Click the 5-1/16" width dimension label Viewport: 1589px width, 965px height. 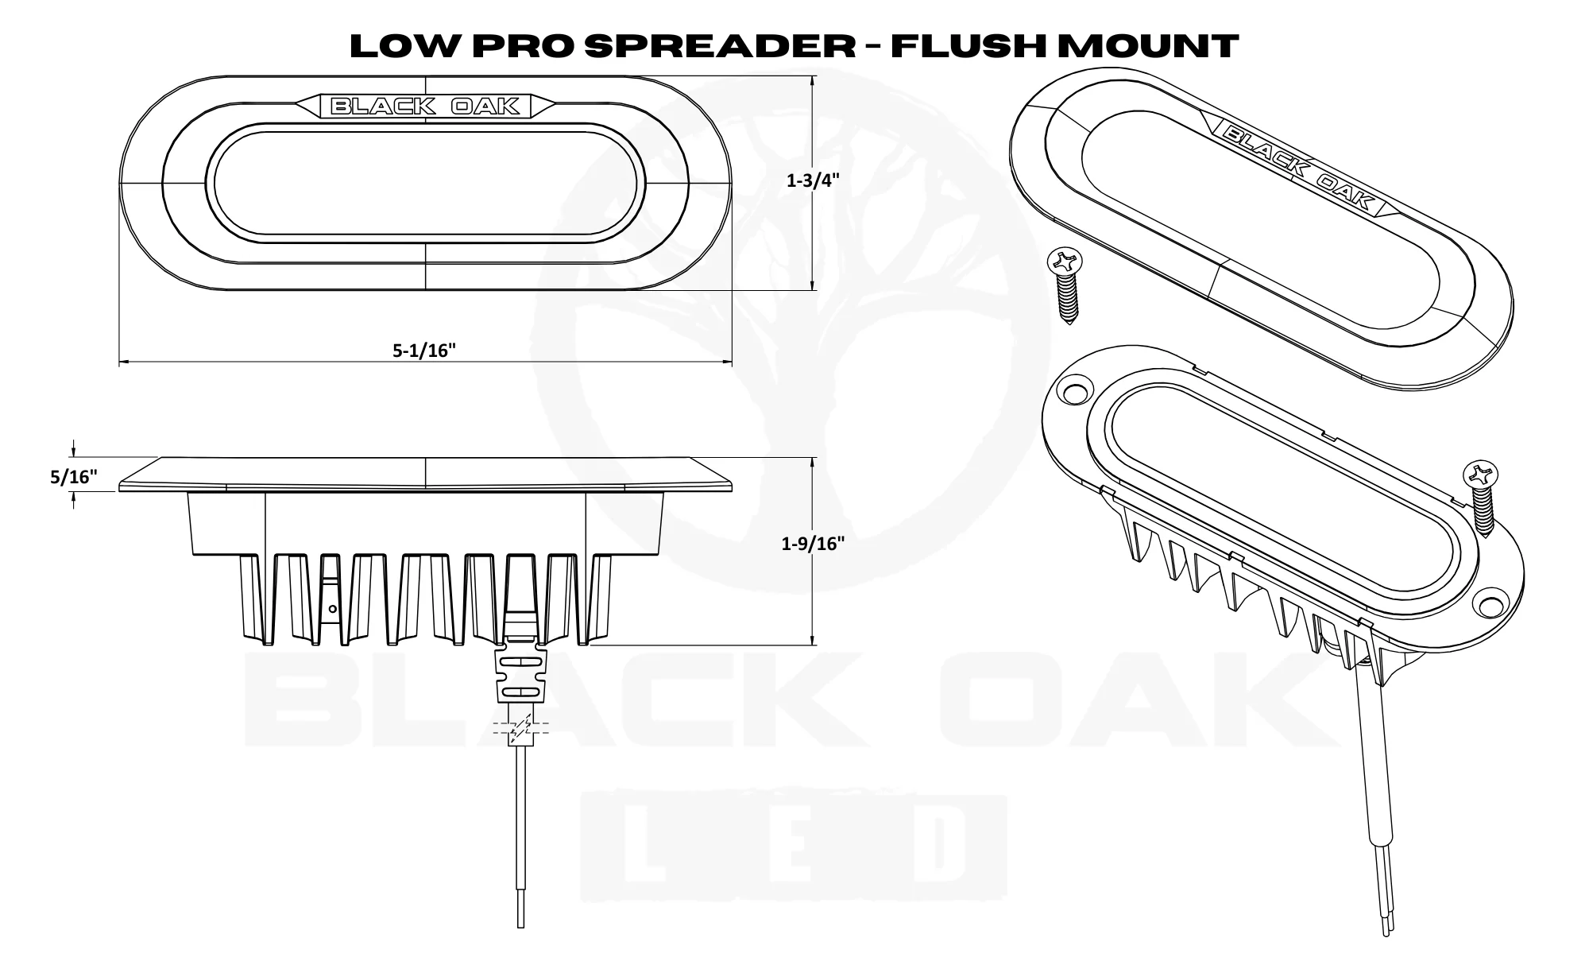pyautogui.click(x=424, y=351)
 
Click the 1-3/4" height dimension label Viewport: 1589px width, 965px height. pyautogui.click(x=812, y=181)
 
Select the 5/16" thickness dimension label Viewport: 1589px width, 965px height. pyautogui.click(x=73, y=477)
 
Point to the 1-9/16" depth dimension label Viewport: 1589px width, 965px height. pyautogui.click(x=812, y=544)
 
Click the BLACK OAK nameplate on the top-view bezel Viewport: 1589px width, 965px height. pyautogui.click(x=425, y=106)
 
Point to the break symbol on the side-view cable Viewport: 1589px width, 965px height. pyautogui.click(x=521, y=730)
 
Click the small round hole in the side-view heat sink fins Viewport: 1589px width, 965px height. pyautogui.click(x=333, y=609)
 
